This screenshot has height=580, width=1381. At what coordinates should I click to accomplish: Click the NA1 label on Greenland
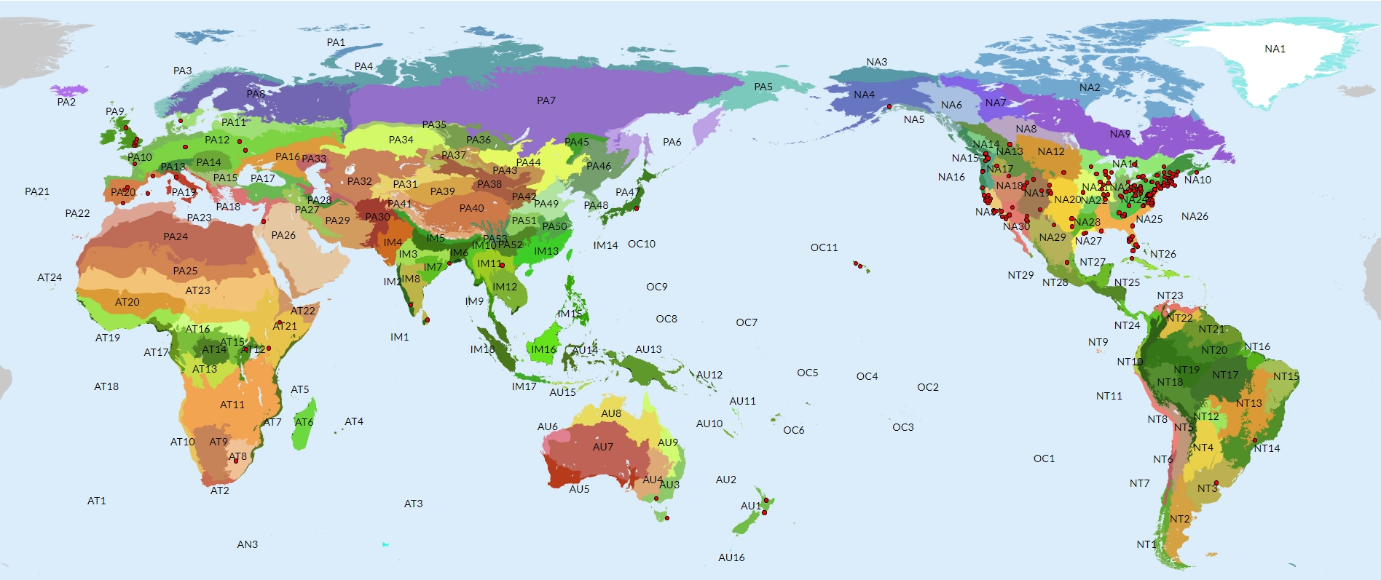click(1275, 49)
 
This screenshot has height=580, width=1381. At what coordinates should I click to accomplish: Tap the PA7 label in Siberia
click(546, 101)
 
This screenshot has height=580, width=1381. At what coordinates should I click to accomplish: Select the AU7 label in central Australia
click(603, 448)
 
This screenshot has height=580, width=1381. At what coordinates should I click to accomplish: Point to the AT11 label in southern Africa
click(232, 405)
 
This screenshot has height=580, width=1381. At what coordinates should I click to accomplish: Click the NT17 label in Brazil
click(1225, 376)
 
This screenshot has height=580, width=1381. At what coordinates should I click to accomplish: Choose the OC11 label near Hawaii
click(824, 248)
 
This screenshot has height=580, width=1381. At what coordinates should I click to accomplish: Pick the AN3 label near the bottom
click(247, 545)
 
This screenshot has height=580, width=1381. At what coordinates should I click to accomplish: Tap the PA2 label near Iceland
click(66, 103)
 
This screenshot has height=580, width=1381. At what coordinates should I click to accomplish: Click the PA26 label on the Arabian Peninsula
click(283, 236)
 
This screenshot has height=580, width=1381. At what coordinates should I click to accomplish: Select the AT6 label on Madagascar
click(304, 423)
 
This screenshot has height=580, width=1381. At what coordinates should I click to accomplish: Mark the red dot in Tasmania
click(666, 518)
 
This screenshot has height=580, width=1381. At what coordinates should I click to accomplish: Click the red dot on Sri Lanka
click(427, 319)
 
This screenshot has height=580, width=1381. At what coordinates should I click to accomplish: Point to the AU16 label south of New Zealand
click(731, 558)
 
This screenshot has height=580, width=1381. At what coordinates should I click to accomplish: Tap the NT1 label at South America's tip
click(1146, 545)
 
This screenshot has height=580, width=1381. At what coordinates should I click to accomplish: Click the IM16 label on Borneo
click(543, 350)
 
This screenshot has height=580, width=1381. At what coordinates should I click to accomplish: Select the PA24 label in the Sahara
click(176, 237)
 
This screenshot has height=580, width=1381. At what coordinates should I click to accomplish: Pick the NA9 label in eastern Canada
click(1120, 135)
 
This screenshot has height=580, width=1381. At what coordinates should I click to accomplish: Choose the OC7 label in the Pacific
click(747, 323)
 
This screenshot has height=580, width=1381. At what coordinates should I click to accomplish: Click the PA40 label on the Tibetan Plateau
click(471, 209)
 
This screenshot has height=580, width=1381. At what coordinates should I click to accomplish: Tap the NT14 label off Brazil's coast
click(1267, 449)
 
